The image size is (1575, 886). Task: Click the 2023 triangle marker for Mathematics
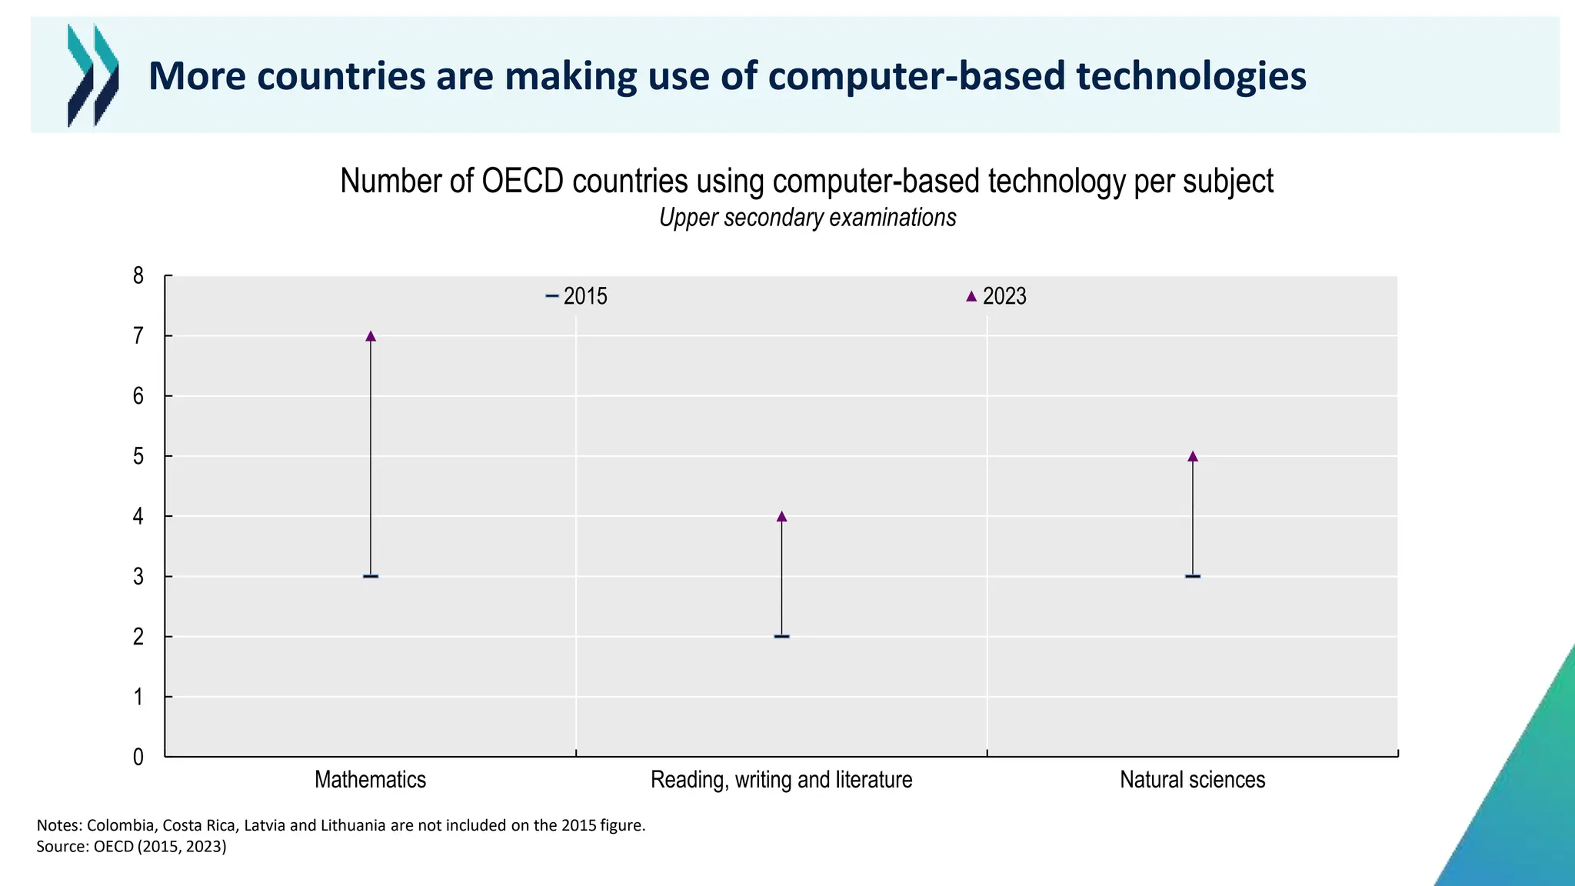(371, 336)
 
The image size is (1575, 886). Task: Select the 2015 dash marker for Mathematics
(371, 576)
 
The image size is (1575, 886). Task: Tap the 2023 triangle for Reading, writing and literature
(781, 516)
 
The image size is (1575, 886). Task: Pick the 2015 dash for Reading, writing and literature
(781, 636)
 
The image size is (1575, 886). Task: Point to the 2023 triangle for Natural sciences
(1193, 456)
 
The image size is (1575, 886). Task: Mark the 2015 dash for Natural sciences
(1193, 576)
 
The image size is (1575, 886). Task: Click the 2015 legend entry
(577, 296)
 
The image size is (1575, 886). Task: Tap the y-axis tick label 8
(138, 275)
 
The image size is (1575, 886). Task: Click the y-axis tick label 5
(138, 456)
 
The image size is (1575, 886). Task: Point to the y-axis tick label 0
(138, 757)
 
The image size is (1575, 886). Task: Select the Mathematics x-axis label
(370, 780)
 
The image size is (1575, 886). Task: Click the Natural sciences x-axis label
(1192, 780)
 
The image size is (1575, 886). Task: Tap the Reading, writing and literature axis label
(781, 780)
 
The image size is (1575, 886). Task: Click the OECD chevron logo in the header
(93, 75)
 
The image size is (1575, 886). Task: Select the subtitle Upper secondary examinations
(807, 218)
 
